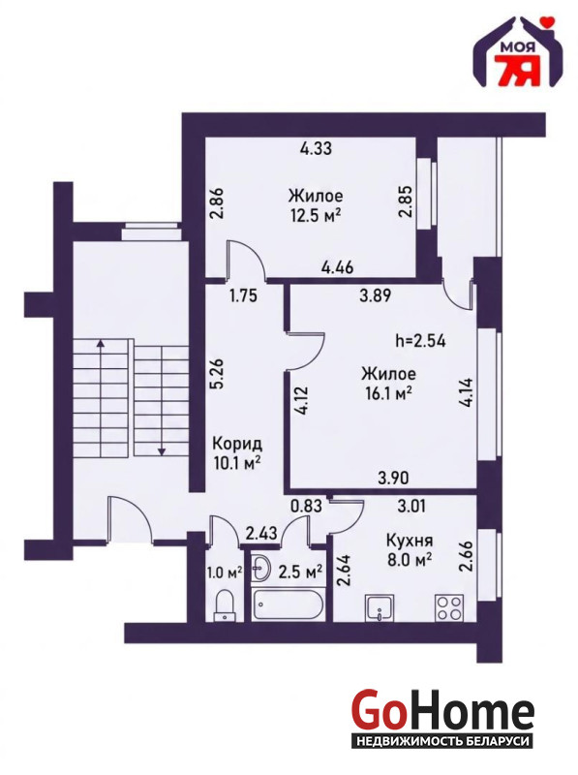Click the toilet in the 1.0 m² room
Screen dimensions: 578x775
pos(225,604)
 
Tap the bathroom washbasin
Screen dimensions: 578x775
pos(260,568)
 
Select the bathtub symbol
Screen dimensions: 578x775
pos(288,604)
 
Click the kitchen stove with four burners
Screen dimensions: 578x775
pos(449,607)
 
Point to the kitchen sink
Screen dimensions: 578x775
pos(380,607)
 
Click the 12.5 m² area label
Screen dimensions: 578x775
pos(316,216)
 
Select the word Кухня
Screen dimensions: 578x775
pos(410,540)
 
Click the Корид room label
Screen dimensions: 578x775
pos(237,444)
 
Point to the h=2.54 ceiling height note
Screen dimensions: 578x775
pos(421,341)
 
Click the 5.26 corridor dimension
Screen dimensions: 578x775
pos(218,375)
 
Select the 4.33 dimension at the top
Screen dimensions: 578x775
pos(317,148)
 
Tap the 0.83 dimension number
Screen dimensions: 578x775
pos(306,506)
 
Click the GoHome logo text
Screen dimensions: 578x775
pos(442,712)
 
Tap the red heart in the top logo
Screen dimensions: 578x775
pos(546,21)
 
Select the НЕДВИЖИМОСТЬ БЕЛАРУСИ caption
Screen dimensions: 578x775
pos(442,741)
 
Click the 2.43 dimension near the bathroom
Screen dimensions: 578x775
pos(261,533)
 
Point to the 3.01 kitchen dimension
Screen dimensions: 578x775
pos(412,506)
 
